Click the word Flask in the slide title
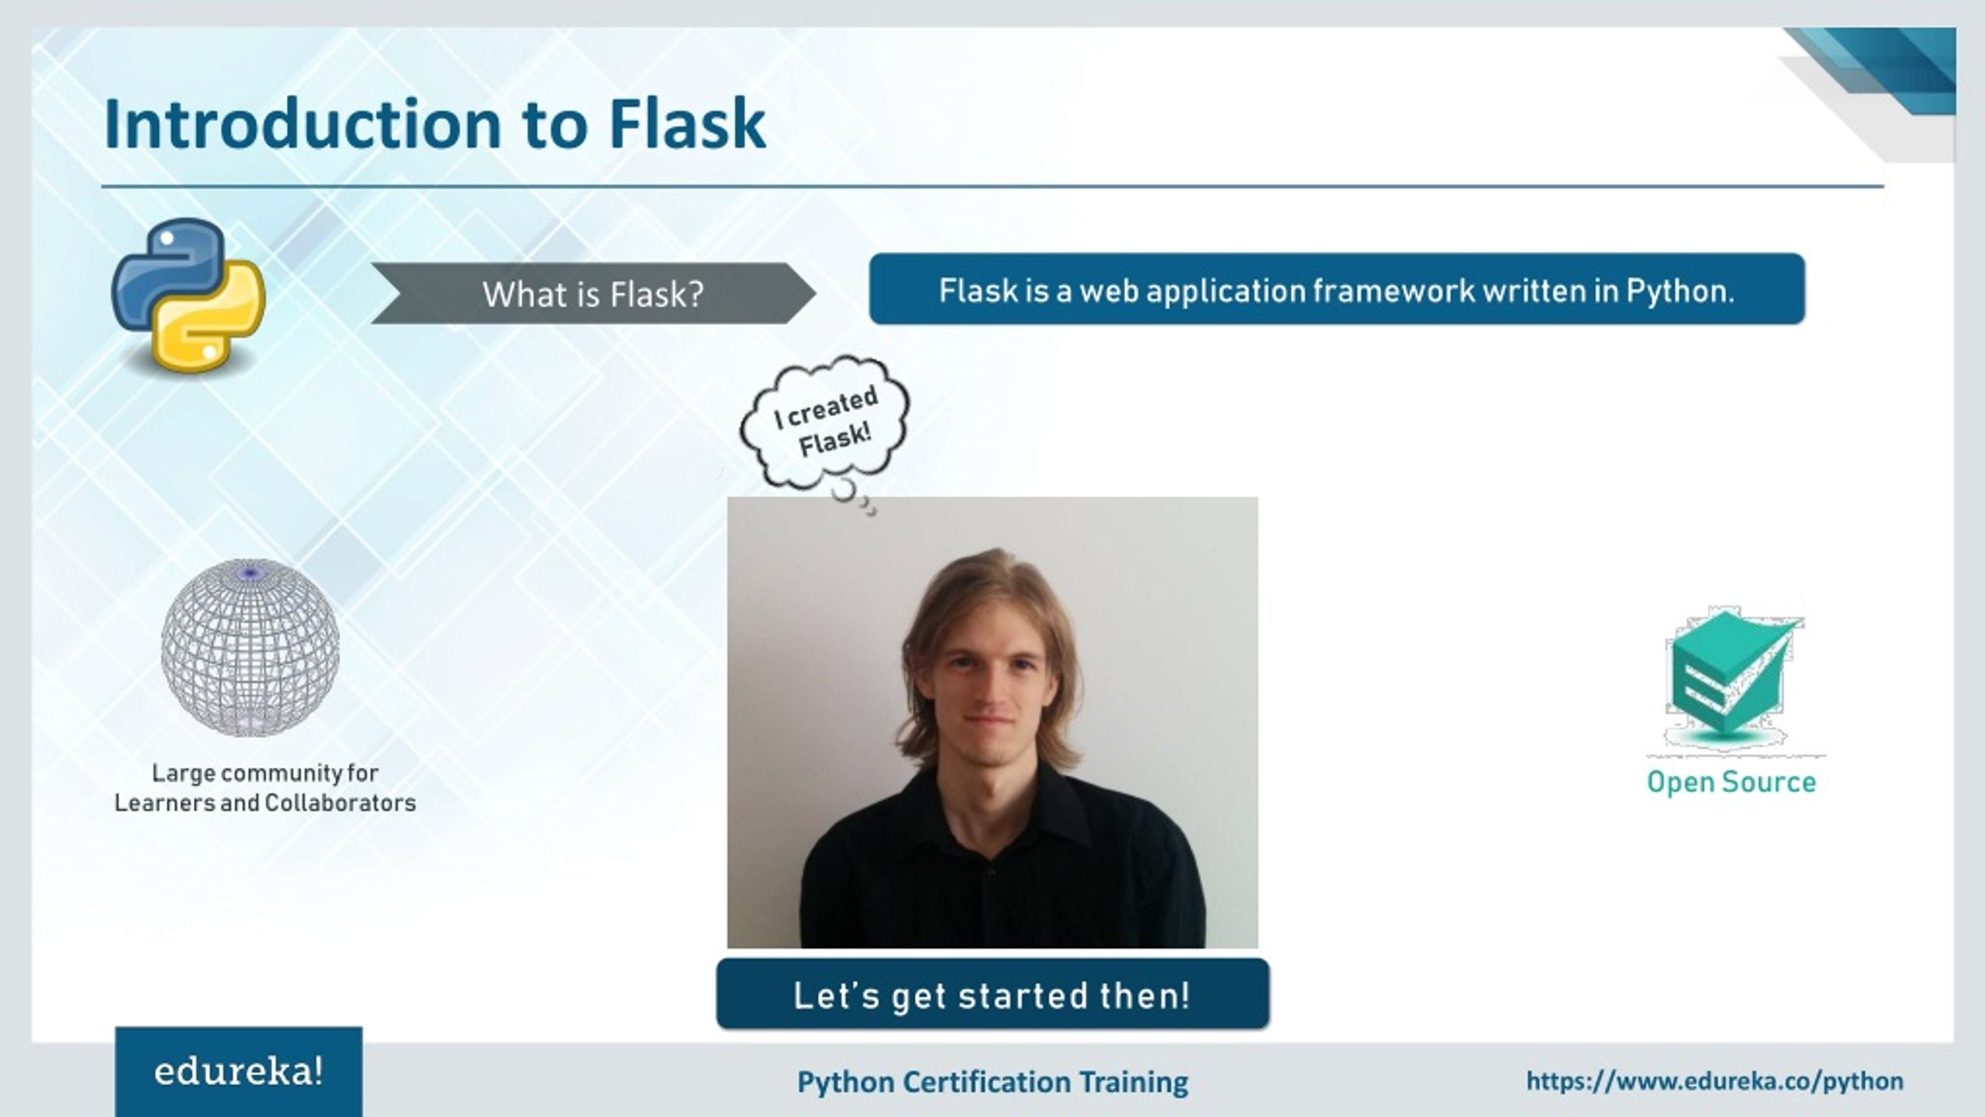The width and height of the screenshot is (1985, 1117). click(687, 124)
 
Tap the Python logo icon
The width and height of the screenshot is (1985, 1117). click(188, 295)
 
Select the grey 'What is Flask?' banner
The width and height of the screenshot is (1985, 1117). click(593, 294)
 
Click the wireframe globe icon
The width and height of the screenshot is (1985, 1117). click(250, 648)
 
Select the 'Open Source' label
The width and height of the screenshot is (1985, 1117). click(1731, 782)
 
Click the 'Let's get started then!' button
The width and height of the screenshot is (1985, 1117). click(992, 995)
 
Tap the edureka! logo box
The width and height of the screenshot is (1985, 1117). click(239, 1072)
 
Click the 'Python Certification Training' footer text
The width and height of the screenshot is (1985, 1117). click(992, 1082)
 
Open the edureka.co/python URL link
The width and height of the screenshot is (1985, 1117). click(1714, 1081)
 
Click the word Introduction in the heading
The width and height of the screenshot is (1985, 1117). click(302, 124)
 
